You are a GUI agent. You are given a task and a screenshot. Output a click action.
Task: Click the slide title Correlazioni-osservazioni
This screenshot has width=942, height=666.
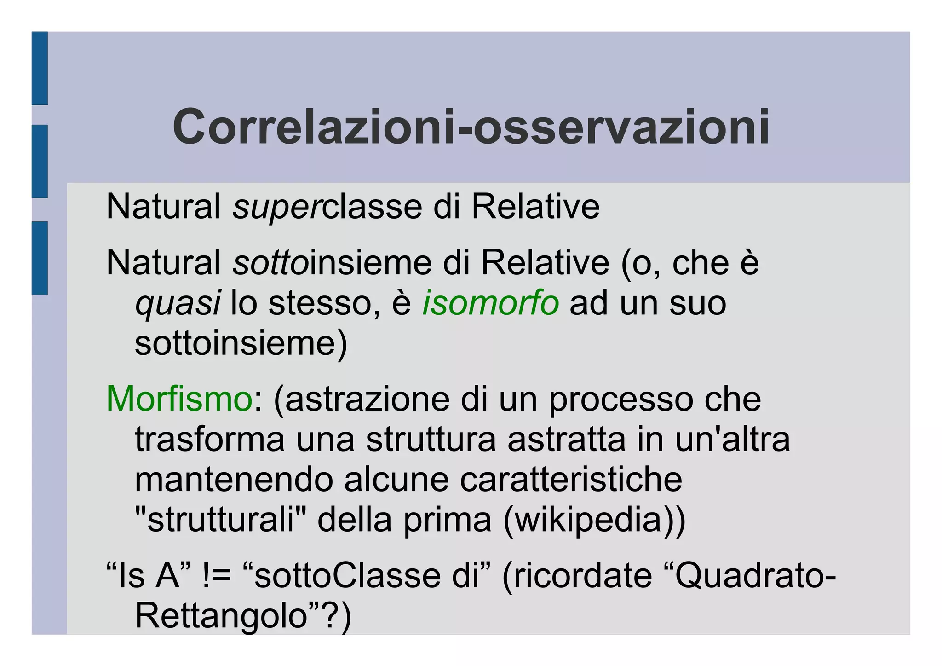click(x=471, y=127)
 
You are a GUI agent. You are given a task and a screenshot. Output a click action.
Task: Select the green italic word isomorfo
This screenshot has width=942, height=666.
click(x=490, y=303)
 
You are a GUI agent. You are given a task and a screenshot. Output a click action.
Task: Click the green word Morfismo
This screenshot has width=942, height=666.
click(x=179, y=399)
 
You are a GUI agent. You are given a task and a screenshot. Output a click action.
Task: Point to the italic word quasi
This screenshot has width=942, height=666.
click(x=178, y=304)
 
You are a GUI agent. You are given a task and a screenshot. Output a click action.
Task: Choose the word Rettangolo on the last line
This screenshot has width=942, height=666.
click(x=221, y=616)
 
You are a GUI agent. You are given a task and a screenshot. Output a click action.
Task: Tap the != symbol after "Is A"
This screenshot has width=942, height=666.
click(x=216, y=576)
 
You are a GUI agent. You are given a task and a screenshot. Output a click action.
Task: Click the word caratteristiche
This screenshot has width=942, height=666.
click(x=570, y=480)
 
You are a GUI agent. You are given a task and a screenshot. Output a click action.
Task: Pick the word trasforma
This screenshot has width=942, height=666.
click(x=210, y=439)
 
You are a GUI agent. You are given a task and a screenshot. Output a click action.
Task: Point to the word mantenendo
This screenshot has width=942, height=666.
click(x=234, y=480)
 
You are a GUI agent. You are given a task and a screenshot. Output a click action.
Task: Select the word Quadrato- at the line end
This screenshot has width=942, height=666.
click(x=754, y=576)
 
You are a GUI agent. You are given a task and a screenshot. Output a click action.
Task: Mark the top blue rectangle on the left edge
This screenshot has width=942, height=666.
click(x=40, y=68)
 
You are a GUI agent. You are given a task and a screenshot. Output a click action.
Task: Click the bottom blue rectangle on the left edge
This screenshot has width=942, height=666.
click(x=40, y=258)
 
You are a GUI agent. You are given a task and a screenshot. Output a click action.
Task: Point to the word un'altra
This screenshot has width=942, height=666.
click(x=732, y=439)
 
